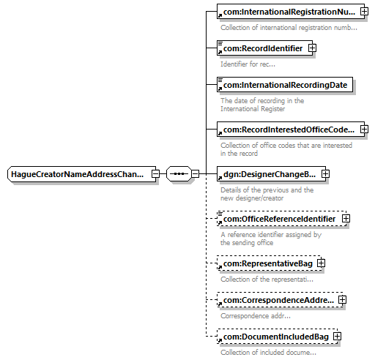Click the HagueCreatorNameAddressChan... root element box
(x=81, y=174)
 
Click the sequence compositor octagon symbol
(x=179, y=174)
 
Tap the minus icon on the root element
(x=155, y=174)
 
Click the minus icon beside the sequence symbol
(x=195, y=174)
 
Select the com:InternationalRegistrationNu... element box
(x=291, y=12)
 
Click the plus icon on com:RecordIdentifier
(x=312, y=48)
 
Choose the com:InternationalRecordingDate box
(x=285, y=85)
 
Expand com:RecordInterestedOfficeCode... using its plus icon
(x=364, y=129)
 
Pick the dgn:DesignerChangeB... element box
(x=271, y=174)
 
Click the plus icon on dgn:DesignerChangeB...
(x=325, y=174)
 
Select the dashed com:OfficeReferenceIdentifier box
(x=281, y=219)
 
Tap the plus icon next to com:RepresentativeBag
(x=321, y=263)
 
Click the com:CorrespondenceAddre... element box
(x=280, y=300)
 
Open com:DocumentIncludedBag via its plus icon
(x=337, y=337)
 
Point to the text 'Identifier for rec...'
(x=248, y=64)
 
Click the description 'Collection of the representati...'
(x=267, y=280)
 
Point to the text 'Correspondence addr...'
(x=256, y=316)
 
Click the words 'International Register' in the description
(x=253, y=109)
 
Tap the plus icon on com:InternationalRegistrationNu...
(x=364, y=12)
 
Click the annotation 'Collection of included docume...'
(x=268, y=353)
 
